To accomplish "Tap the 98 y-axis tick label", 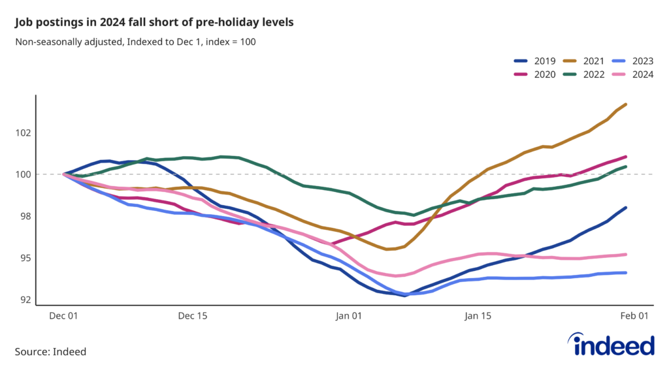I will [x=24, y=216].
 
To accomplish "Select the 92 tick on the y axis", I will [x=24, y=300].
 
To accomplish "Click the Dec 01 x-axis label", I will [x=64, y=316].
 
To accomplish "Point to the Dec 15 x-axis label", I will [x=192, y=316].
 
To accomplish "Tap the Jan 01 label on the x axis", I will [x=348, y=316].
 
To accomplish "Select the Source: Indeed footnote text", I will [x=50, y=351].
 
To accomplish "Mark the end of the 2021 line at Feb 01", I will [x=627, y=104].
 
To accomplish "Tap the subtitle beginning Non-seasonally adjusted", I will [x=135, y=42].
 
